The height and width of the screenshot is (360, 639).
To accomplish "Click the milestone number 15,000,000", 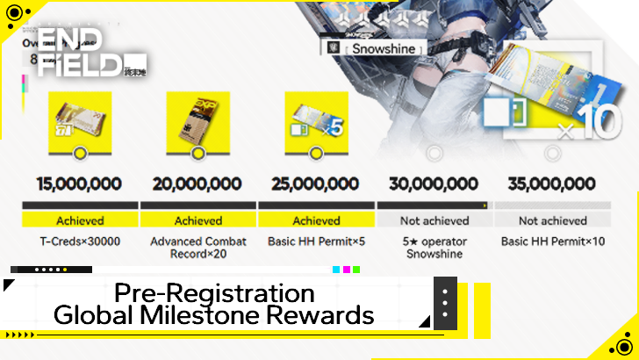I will click(80, 184).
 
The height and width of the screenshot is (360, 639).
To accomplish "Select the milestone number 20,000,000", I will click(197, 184).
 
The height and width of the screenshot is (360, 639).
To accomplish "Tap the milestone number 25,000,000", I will click(316, 184).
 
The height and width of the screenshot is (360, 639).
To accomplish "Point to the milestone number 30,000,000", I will click(434, 184).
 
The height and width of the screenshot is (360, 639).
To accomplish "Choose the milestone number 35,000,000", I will click(552, 184).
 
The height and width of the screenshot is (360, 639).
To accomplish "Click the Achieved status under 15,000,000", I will click(80, 220).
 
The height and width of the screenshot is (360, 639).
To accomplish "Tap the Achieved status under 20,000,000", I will click(197, 220).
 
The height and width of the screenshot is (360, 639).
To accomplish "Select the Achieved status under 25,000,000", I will click(316, 220).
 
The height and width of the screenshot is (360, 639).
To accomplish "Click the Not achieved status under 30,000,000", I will click(434, 220).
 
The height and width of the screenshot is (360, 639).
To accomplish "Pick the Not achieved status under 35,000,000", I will click(552, 220).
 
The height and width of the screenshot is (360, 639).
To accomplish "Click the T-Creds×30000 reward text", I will click(80, 241).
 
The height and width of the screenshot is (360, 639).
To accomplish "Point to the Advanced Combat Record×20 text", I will click(197, 248).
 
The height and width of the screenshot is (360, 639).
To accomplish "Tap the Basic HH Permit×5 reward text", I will click(316, 241).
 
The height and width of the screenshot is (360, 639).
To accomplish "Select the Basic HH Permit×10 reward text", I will click(552, 241).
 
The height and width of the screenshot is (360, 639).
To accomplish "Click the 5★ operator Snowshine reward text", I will click(434, 248).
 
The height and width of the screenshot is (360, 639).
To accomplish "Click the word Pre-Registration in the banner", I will click(214, 292).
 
